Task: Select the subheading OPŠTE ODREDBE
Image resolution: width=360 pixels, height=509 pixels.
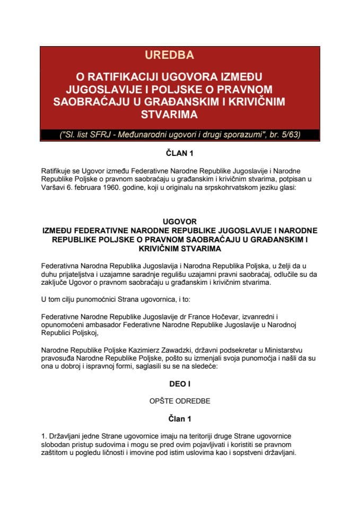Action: click(x=180, y=401)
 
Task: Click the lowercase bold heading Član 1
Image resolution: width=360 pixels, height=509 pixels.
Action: click(x=180, y=419)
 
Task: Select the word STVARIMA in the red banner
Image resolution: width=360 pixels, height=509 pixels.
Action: click(x=179, y=114)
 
